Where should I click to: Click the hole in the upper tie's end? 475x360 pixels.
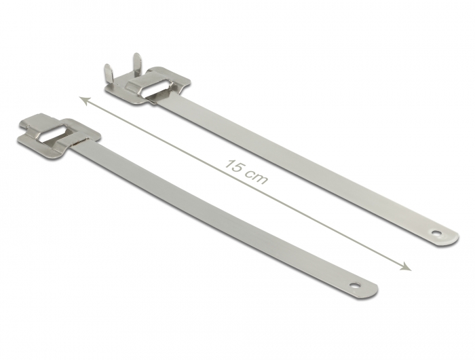[x=436, y=233]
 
